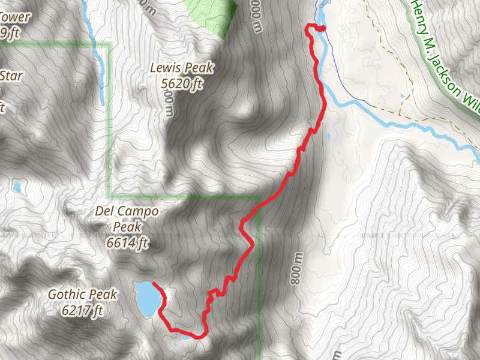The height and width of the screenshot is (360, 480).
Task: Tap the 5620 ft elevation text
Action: coord(181,83)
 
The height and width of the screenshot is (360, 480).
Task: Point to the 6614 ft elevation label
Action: coord(127,243)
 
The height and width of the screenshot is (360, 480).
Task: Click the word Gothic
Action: coord(67,295)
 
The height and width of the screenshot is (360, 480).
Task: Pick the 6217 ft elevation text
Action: coord(82,310)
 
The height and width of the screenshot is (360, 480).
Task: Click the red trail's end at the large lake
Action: coord(154,283)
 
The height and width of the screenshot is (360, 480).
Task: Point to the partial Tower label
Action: coord(15,17)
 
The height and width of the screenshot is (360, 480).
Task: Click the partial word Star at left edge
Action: coord(11,76)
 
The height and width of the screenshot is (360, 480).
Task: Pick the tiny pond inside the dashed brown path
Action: coord(401,96)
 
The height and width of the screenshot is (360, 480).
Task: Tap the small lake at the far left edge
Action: coord(17,187)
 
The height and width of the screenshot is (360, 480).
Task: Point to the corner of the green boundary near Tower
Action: coord(109,44)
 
